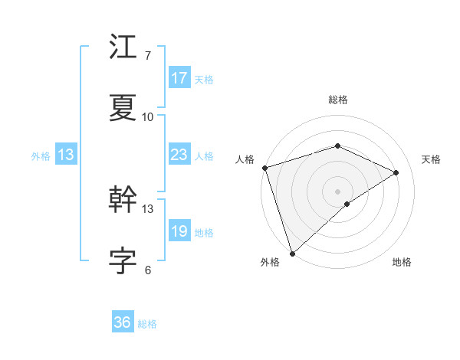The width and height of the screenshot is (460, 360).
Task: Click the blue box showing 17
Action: click(179, 78)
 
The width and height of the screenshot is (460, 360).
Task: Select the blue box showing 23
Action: click(179, 155)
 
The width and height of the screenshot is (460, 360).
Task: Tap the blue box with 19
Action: click(179, 231)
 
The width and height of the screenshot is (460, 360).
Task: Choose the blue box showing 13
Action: click(66, 155)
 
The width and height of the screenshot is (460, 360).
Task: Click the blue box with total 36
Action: click(123, 322)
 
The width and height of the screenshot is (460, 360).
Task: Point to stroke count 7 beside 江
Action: click(147, 56)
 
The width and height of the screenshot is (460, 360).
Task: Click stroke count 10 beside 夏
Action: click(148, 117)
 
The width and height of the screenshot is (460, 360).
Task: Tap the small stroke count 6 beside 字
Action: click(147, 270)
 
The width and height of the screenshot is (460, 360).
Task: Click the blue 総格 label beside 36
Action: click(147, 324)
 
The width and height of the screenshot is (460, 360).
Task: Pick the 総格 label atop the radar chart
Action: click(337, 100)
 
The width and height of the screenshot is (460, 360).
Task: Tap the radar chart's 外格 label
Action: click(269, 262)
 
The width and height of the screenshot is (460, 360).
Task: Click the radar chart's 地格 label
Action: click(402, 262)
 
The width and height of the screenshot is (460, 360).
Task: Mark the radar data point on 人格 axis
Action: click(264, 168)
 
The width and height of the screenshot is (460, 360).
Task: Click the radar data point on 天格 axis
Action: click(396, 172)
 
